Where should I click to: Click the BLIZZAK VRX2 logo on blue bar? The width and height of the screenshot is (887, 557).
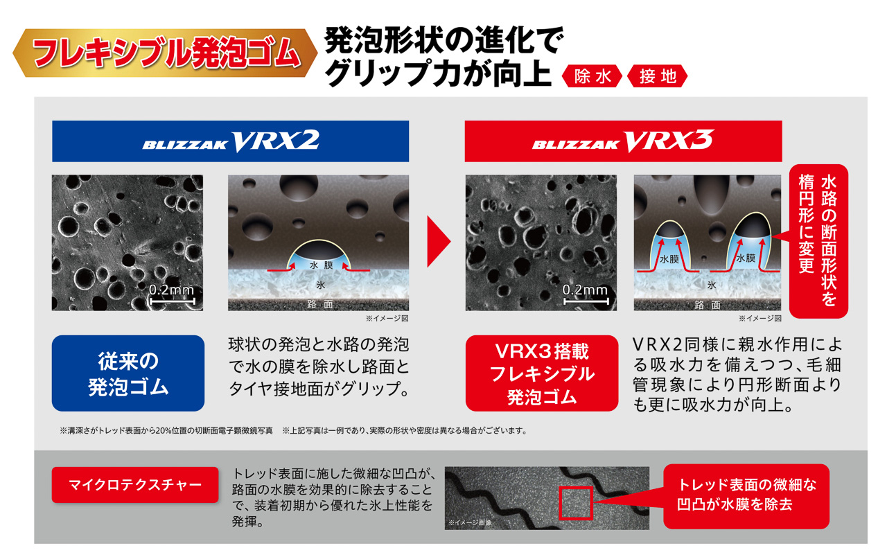pos(231,141)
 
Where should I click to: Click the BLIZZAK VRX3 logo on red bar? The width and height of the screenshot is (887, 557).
pos(622,141)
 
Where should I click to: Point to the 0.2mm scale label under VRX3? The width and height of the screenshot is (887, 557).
pos(586,290)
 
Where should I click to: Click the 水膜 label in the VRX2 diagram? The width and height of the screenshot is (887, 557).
pos(322,265)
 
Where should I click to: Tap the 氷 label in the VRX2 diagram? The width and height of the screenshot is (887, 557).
pos(320,285)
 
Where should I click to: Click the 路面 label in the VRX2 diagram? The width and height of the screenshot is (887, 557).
pos(320,304)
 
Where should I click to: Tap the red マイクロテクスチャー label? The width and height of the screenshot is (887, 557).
pos(127,484)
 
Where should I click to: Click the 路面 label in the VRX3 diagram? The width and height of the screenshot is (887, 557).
pos(708,304)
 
